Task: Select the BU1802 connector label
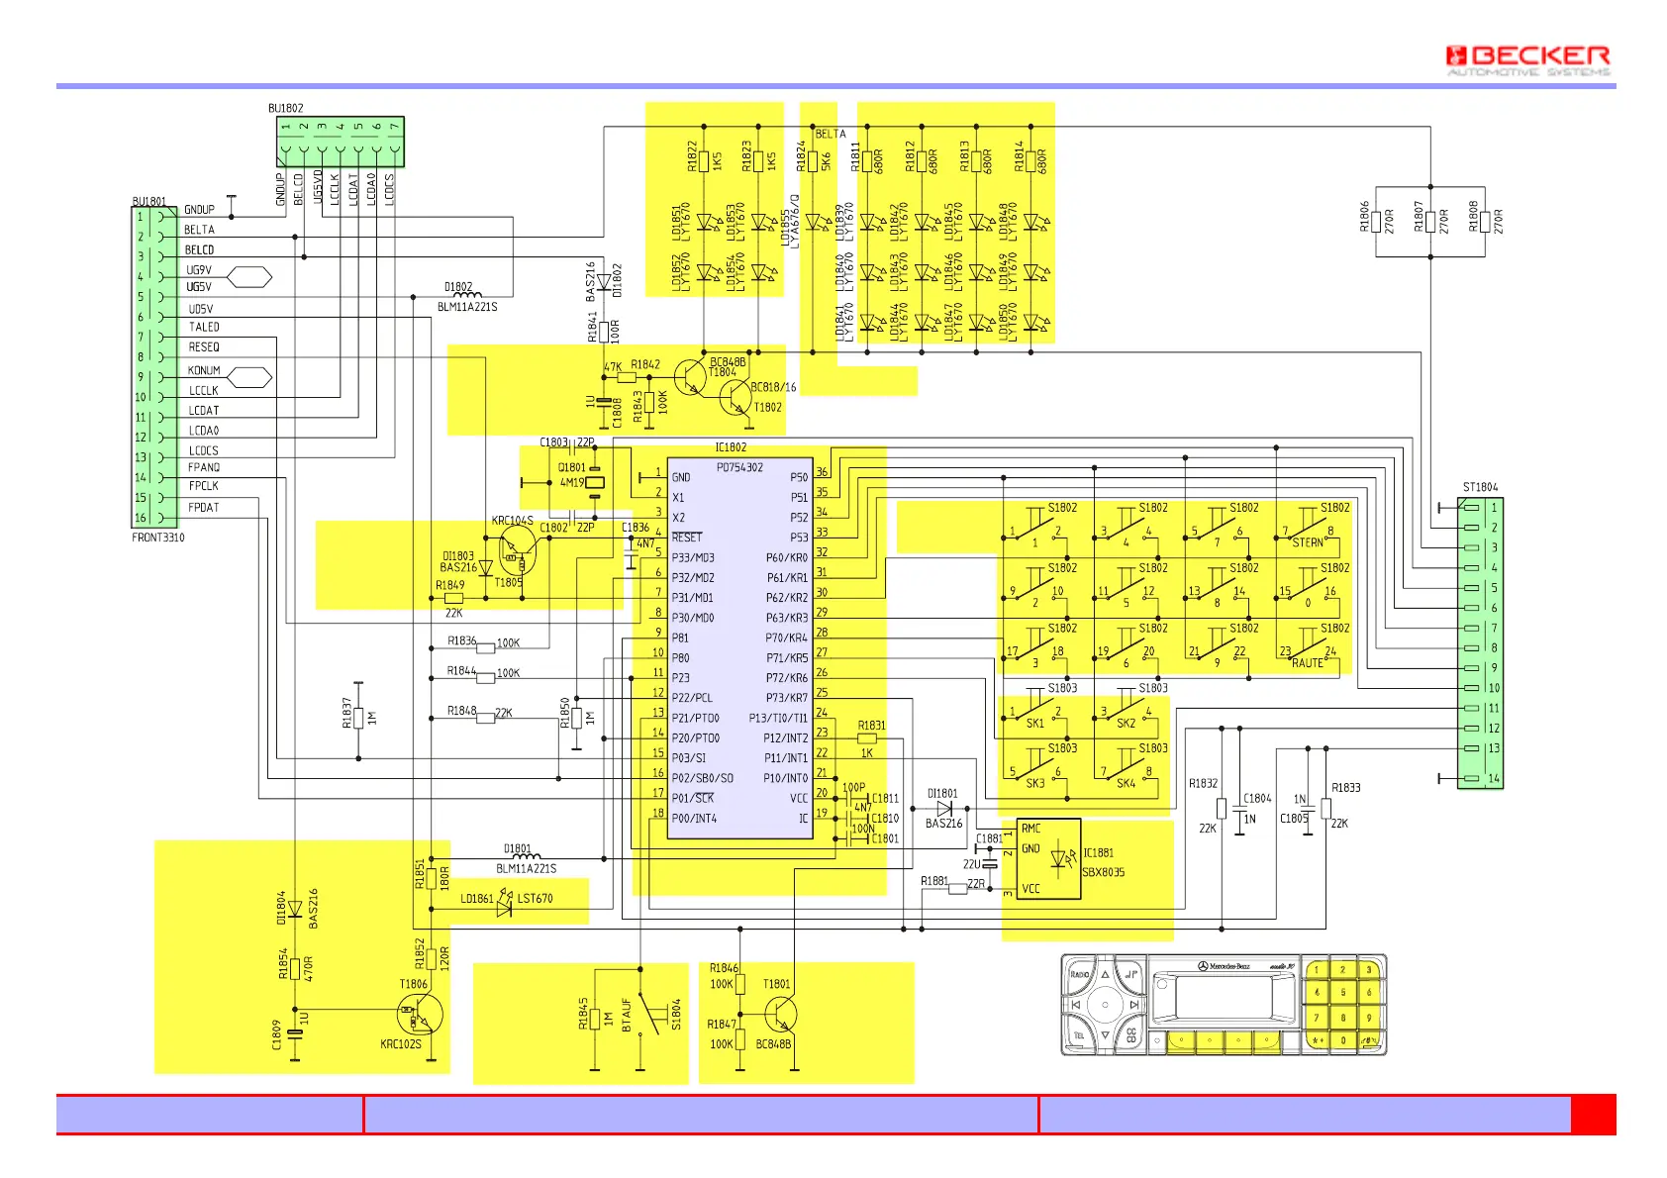coord(286,108)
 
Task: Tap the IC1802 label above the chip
coord(731,447)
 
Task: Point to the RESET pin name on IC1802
coord(686,538)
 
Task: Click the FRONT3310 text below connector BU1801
coord(158,538)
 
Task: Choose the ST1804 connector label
coord(1480,487)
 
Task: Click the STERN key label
coord(1308,542)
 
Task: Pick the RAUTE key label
coord(1307,663)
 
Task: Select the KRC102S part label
coord(401,1043)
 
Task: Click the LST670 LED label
coord(535,899)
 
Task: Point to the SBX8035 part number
coord(1103,872)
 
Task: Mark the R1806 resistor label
coord(1364,216)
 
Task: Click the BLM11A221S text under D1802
coord(467,307)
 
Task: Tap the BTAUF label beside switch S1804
coord(626,1015)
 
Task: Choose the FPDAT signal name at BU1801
coord(204,508)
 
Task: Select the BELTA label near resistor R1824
coord(831,134)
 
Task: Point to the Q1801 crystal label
coord(571,467)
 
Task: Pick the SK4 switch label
coord(1126,783)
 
